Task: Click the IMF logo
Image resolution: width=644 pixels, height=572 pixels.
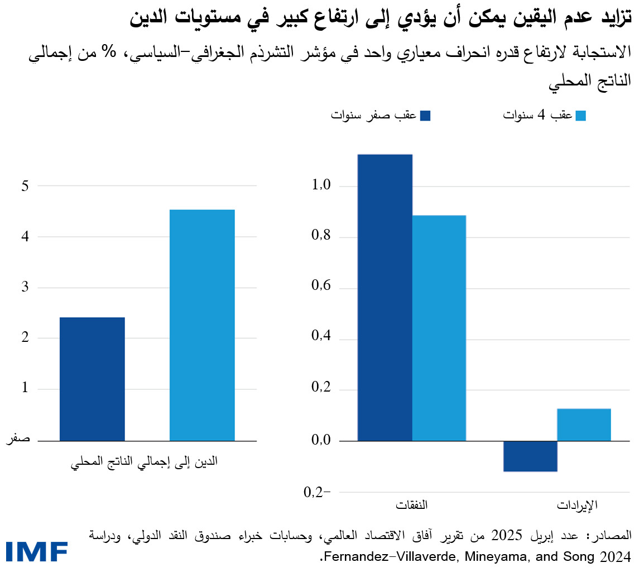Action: click(x=37, y=552)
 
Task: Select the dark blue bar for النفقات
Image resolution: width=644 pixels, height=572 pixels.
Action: click(x=385, y=297)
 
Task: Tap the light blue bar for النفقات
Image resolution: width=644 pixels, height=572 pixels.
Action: click(x=439, y=328)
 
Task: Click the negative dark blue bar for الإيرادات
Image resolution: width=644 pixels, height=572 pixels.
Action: click(x=530, y=456)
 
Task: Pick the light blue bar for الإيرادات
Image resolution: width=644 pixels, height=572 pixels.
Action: click(x=584, y=425)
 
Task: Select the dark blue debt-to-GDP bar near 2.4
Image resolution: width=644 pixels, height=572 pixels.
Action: click(x=92, y=379)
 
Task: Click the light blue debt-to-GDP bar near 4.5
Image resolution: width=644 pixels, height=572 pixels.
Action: click(x=202, y=325)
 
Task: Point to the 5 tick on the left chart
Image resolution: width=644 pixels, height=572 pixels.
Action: click(x=25, y=186)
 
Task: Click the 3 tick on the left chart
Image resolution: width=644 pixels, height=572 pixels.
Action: click(x=25, y=288)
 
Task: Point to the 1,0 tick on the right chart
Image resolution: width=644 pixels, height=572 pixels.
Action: click(x=319, y=186)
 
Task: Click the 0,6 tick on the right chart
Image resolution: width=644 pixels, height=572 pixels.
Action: click(x=319, y=288)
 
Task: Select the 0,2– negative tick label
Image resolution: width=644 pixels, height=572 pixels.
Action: click(x=317, y=492)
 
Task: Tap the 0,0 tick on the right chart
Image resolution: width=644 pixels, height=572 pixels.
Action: click(x=319, y=441)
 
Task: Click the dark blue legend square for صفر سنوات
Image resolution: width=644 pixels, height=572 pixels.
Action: click(x=426, y=116)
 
